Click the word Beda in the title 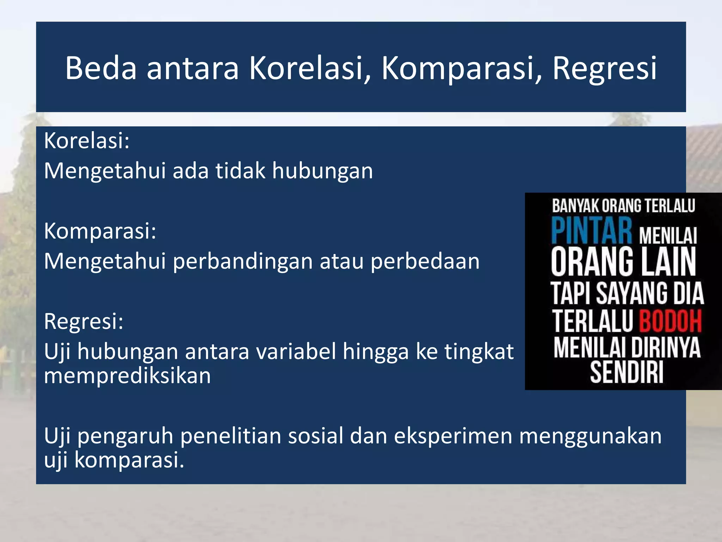tap(101, 68)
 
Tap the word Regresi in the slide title tap(604, 68)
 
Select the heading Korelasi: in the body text tap(87, 141)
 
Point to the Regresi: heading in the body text tap(84, 321)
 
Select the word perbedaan tap(425, 261)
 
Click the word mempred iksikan tap(127, 375)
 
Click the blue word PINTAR tap(592, 231)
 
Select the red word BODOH tap(670, 321)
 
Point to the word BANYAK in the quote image tap(575, 206)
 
